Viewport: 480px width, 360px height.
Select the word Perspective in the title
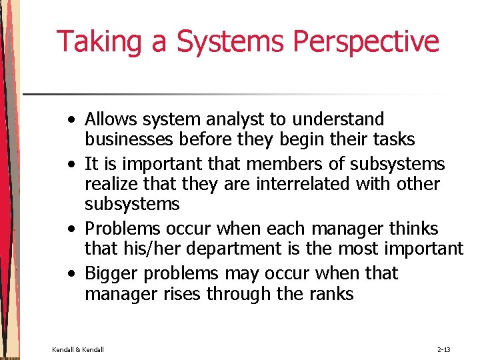point(366,41)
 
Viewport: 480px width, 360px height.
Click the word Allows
point(113,119)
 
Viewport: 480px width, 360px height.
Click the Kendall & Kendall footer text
point(78,349)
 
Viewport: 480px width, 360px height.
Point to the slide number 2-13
point(444,349)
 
